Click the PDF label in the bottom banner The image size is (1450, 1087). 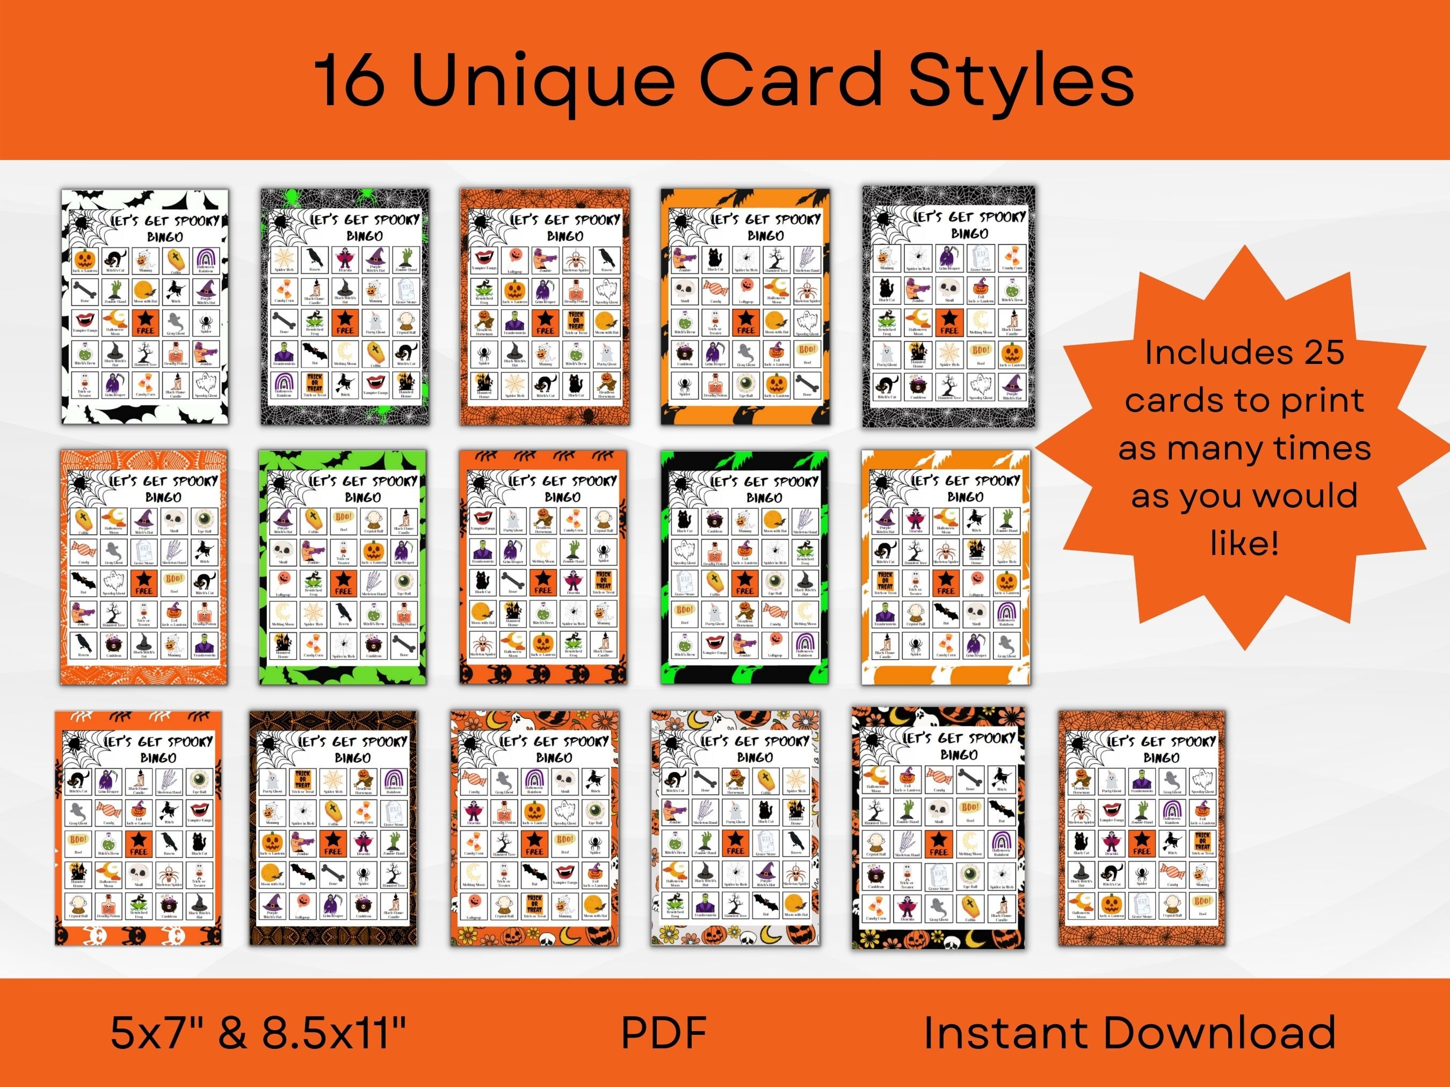pyautogui.click(x=663, y=1033)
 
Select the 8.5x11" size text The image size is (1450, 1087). pyautogui.click(x=335, y=1033)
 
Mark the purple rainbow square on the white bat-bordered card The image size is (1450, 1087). pyautogui.click(x=206, y=260)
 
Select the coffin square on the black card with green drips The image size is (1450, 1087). pyautogui.click(x=714, y=581)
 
